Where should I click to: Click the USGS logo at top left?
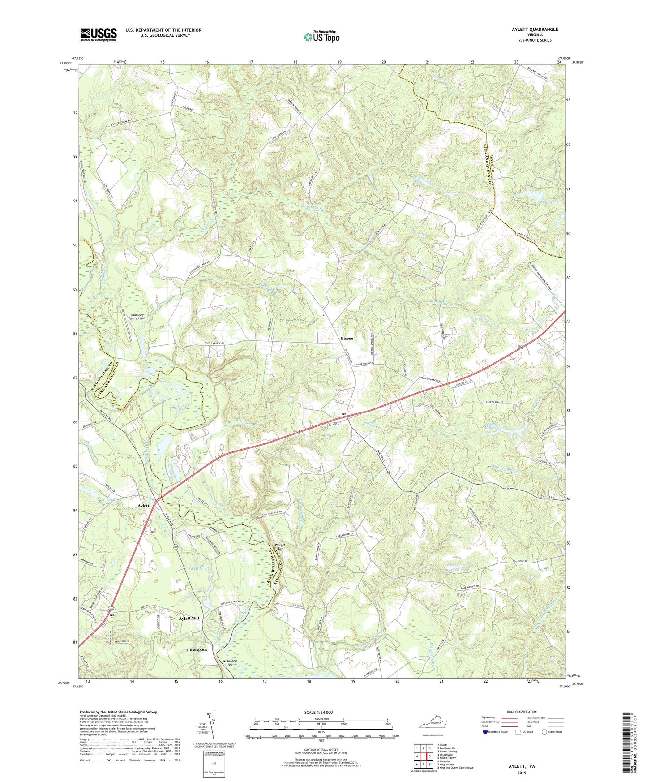[x=99, y=34]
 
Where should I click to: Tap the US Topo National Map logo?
[x=321, y=37]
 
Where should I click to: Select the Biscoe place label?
[x=347, y=339]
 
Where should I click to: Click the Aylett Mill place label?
[x=189, y=618]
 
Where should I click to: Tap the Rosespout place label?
[x=197, y=649]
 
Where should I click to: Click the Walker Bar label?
[x=280, y=546]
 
